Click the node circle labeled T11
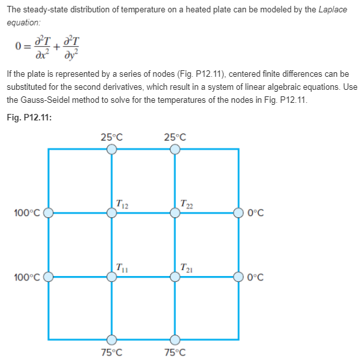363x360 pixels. [x=112, y=276]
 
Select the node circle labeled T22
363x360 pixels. [x=175, y=212]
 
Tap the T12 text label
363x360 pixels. [x=121, y=202]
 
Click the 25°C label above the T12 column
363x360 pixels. [x=112, y=137]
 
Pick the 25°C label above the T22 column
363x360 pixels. [x=175, y=137]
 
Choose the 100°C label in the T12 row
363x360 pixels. [x=27, y=213]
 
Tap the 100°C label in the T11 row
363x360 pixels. [x=27, y=277]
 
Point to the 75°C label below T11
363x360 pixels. [x=112, y=352]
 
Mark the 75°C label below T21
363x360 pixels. [x=175, y=352]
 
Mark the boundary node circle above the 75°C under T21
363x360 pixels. [x=175, y=339]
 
